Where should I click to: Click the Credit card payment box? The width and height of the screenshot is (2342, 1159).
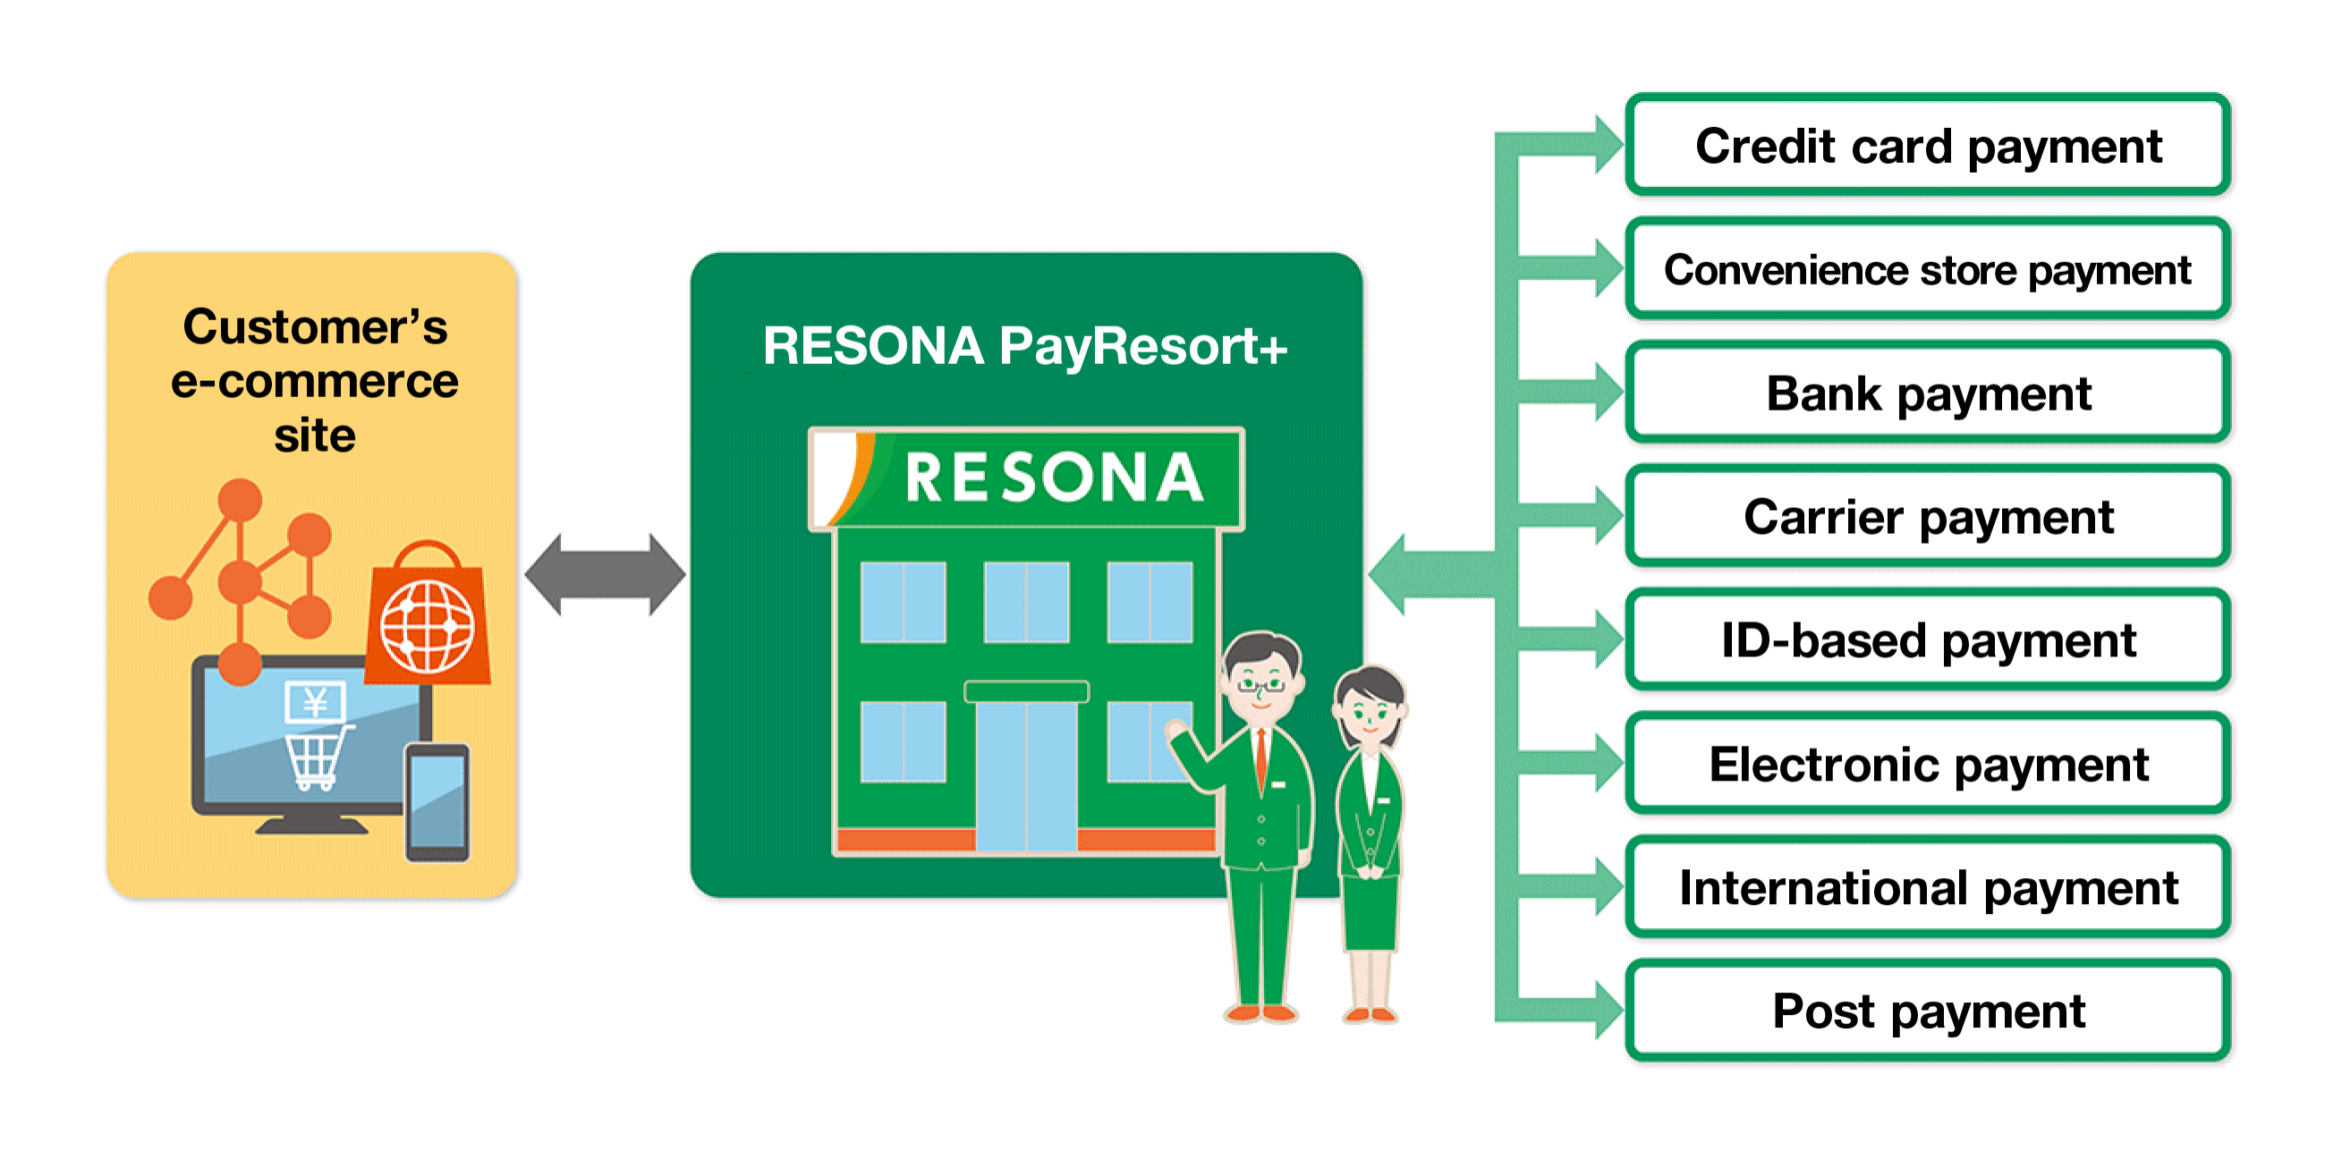(1928, 146)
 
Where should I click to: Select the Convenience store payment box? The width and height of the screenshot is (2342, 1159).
(1928, 269)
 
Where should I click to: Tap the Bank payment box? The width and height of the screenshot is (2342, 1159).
(1928, 393)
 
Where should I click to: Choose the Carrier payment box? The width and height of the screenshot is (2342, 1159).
(1928, 516)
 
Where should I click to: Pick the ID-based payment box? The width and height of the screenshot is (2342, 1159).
(1928, 640)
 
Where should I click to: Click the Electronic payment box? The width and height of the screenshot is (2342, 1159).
(1928, 764)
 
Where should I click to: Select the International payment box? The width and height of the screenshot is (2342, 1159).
(1928, 887)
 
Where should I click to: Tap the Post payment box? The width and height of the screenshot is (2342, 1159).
(1928, 1011)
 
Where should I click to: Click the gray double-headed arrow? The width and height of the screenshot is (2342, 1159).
(606, 574)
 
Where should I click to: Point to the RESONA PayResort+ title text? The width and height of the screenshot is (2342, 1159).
(1024, 346)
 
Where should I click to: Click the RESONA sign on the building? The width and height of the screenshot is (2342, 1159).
(1026, 478)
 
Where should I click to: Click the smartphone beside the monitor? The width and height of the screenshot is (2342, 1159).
(437, 802)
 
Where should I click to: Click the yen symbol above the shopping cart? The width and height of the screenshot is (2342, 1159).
(315, 702)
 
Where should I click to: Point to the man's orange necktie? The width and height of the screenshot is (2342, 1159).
(1261, 760)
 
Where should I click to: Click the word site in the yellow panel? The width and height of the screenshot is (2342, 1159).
(315, 436)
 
